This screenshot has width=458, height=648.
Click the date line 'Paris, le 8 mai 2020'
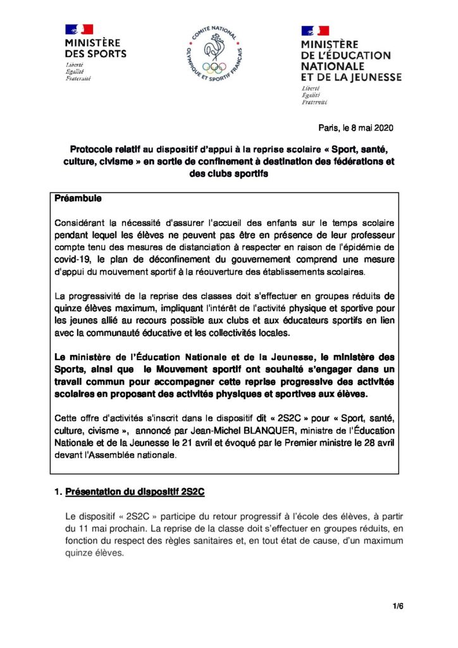tap(352, 128)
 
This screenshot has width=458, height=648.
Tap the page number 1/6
tap(398, 606)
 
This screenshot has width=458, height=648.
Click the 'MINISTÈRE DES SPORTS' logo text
tap(96, 48)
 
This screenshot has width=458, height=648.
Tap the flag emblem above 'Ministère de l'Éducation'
tap(314, 30)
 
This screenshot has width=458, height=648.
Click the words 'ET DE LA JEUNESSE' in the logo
tap(351, 77)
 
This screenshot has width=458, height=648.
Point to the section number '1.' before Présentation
tap(58, 491)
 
